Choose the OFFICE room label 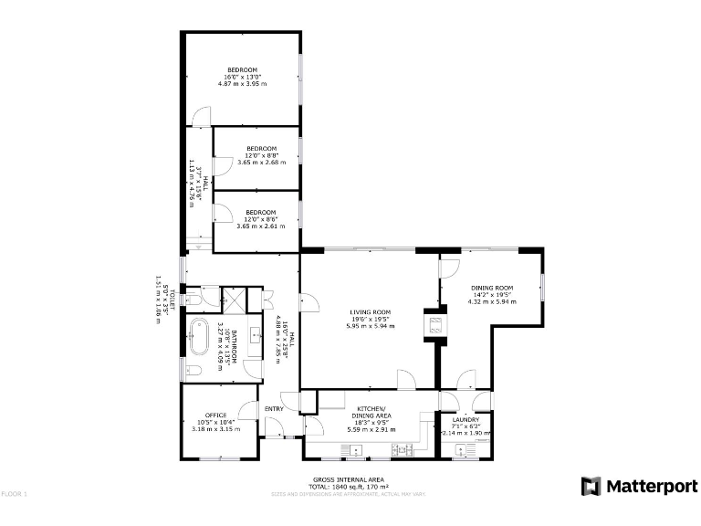(215, 415)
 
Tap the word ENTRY (274, 407)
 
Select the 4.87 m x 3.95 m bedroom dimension (242, 83)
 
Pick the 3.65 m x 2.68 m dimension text (261, 162)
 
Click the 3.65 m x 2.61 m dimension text (261, 226)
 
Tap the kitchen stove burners (399, 448)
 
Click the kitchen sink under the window (352, 448)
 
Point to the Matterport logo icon (591, 486)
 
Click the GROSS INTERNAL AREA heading (349, 479)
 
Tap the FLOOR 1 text (15, 494)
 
